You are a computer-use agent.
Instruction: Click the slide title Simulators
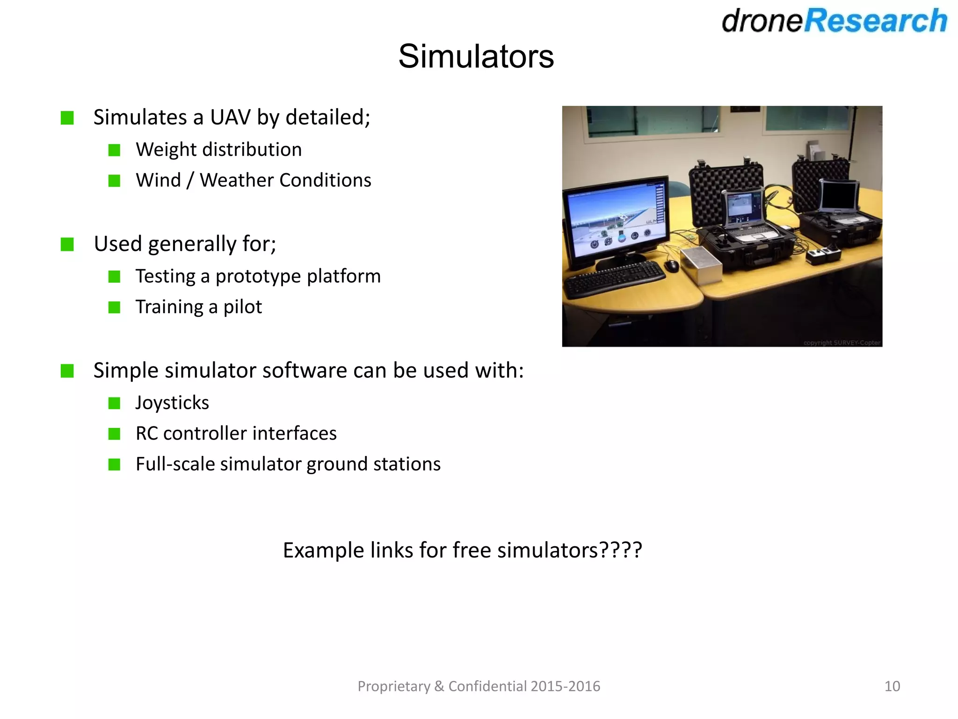tap(476, 57)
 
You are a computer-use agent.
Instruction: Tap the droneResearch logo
tap(834, 21)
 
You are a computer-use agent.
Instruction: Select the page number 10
tap(892, 686)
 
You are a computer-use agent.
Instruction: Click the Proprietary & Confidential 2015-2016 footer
tap(479, 686)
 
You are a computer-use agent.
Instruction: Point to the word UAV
tap(230, 117)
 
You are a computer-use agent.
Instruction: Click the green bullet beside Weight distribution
tap(114, 150)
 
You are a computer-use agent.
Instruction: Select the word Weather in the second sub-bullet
tap(236, 180)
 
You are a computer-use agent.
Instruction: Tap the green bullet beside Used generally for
tap(67, 244)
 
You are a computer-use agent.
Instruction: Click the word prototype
tap(258, 276)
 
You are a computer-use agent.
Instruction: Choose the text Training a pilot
tap(198, 307)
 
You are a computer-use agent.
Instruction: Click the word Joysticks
tap(172, 403)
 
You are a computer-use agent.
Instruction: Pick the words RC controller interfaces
tap(236, 433)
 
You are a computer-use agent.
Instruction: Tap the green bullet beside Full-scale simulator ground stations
tap(114, 464)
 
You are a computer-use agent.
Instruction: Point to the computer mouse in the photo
tap(672, 266)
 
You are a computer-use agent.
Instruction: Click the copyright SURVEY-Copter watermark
tap(842, 343)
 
